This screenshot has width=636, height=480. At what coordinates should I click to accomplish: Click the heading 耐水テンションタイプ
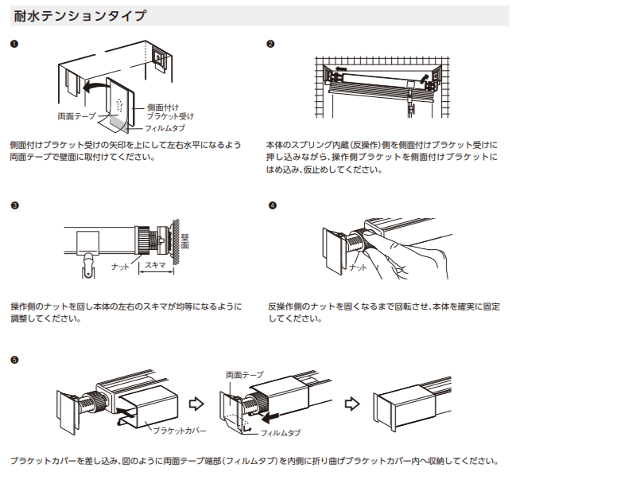click(80, 16)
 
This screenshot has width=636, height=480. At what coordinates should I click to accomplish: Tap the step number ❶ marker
click(14, 44)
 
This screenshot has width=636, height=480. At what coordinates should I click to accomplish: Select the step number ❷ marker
click(270, 44)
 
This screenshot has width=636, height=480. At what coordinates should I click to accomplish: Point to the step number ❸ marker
click(14, 205)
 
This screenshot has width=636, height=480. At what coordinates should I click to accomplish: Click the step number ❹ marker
click(273, 205)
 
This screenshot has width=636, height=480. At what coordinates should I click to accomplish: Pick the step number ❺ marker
click(14, 360)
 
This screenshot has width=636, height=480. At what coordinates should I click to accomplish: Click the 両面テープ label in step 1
click(76, 116)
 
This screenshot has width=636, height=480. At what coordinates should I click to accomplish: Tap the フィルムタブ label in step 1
click(165, 128)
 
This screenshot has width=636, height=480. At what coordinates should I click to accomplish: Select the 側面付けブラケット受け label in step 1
click(170, 112)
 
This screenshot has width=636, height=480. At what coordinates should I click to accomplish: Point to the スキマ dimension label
click(156, 265)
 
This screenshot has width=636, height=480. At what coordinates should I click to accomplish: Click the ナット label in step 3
click(120, 267)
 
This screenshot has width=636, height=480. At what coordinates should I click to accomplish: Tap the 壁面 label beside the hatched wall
click(185, 240)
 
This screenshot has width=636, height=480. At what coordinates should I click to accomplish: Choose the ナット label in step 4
click(358, 267)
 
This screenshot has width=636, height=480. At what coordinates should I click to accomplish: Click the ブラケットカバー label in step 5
click(180, 431)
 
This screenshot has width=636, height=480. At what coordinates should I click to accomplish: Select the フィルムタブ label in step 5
click(281, 433)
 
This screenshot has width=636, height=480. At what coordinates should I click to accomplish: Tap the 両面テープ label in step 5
click(245, 375)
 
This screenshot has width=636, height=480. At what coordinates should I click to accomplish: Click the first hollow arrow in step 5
click(196, 404)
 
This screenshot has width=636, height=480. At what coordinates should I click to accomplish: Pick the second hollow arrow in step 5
click(352, 404)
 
